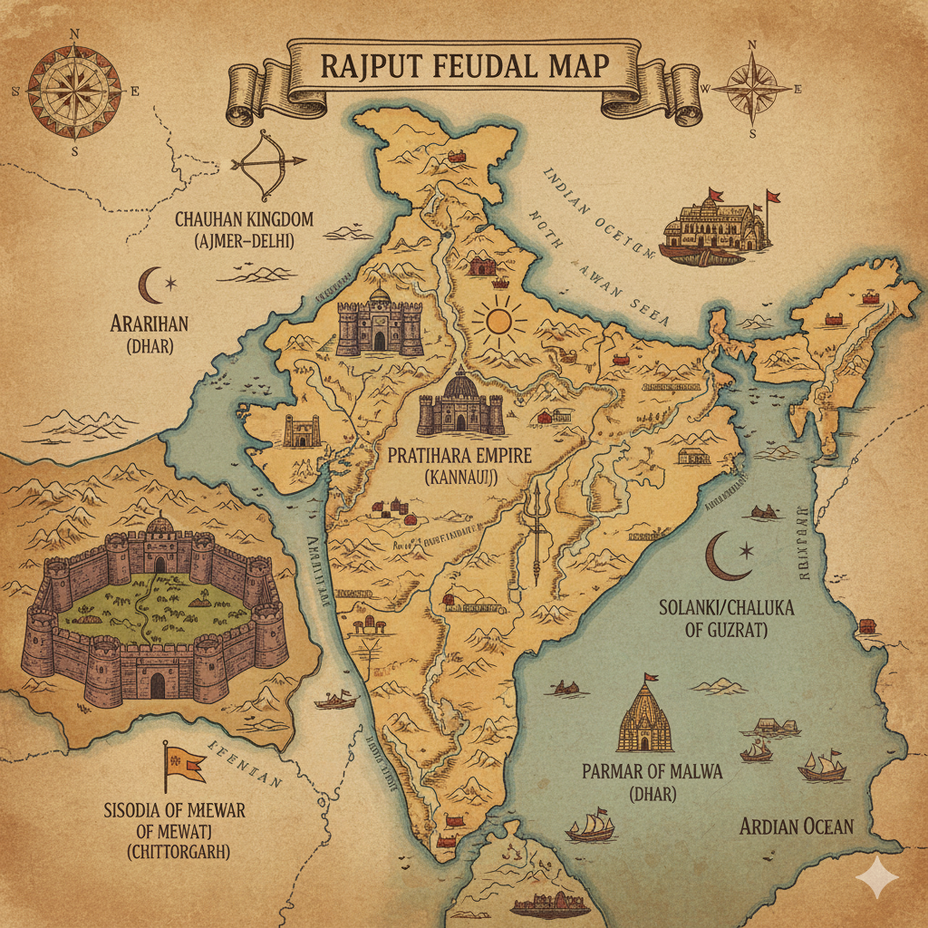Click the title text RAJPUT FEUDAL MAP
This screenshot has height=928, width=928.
point(463,68)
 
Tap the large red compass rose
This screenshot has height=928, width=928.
point(74,91)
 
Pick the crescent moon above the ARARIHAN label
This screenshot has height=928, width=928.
point(151,285)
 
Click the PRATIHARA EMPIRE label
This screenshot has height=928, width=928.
point(459,455)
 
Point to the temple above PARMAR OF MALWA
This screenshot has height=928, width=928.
point(644,716)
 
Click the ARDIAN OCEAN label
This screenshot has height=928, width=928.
point(796,826)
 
